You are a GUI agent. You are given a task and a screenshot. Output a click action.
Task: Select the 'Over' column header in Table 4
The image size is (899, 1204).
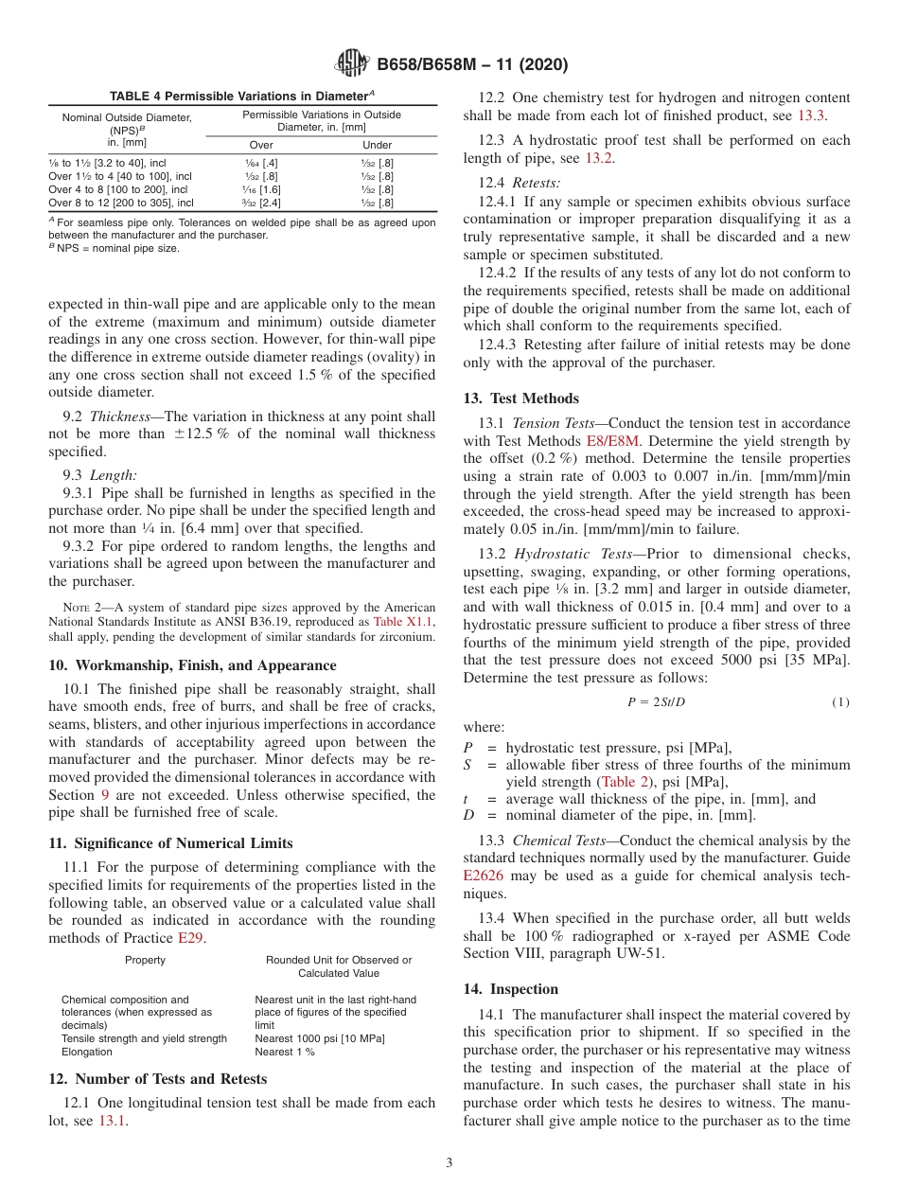[261, 145]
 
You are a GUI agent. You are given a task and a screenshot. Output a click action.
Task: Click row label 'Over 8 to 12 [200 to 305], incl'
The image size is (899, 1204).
[121, 203]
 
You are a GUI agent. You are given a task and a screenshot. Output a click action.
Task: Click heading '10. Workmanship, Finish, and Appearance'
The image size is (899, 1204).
[191, 665]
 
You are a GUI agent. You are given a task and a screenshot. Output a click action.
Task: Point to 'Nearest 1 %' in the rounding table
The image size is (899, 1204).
[285, 1052]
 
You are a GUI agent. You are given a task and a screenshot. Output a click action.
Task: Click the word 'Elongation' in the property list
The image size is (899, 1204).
[87, 1052]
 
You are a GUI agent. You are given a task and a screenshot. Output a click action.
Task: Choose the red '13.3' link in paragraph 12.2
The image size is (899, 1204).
[812, 115]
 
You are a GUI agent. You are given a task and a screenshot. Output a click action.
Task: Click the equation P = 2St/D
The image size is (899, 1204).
[657, 701]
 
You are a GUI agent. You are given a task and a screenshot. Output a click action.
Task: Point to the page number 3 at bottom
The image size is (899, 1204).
[449, 1163]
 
